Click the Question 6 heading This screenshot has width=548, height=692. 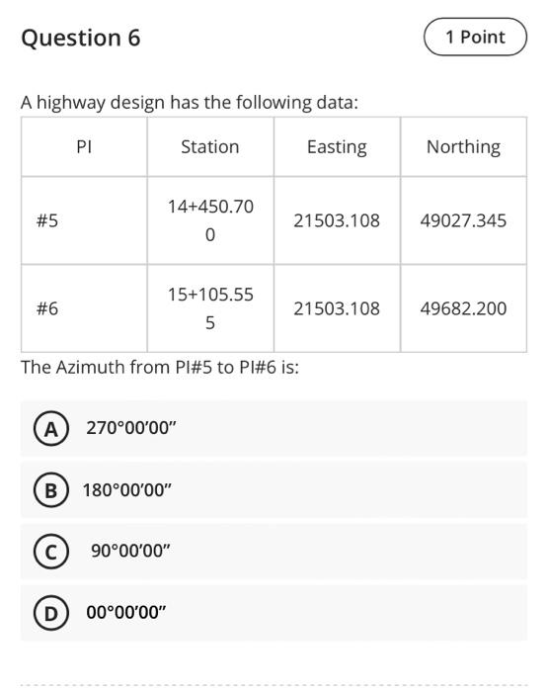(80, 39)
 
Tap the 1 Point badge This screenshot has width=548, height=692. (475, 38)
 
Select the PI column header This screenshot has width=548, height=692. (84, 146)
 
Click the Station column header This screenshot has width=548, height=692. (209, 146)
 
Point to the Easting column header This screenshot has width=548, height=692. (337, 146)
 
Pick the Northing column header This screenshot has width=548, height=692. (463, 146)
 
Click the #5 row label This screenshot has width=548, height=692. (46, 220)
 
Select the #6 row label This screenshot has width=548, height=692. (46, 308)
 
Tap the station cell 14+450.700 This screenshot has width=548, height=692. (210, 220)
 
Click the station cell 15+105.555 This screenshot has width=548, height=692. (210, 308)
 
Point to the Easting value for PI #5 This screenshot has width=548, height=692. (337, 220)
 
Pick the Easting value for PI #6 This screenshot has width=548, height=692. (337, 308)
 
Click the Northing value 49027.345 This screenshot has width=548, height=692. (463, 220)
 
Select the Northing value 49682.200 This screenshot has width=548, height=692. (463, 308)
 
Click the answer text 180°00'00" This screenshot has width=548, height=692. (126, 489)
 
